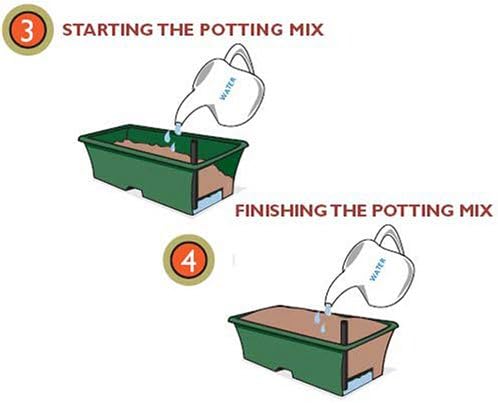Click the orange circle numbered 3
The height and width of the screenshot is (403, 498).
(x=27, y=29)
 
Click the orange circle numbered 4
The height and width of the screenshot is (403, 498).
(x=188, y=260)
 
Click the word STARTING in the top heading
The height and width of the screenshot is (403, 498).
(x=108, y=30)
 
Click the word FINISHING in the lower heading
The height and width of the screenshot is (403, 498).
(x=281, y=211)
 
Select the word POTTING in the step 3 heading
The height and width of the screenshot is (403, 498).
(x=242, y=30)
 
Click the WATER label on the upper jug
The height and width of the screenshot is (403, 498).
(x=228, y=88)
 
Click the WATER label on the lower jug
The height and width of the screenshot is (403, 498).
(x=378, y=269)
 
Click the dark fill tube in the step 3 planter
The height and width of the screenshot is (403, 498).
(x=195, y=152)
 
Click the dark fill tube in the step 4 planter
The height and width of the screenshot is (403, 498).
(x=345, y=332)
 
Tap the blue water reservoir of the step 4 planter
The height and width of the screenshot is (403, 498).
(x=358, y=381)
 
